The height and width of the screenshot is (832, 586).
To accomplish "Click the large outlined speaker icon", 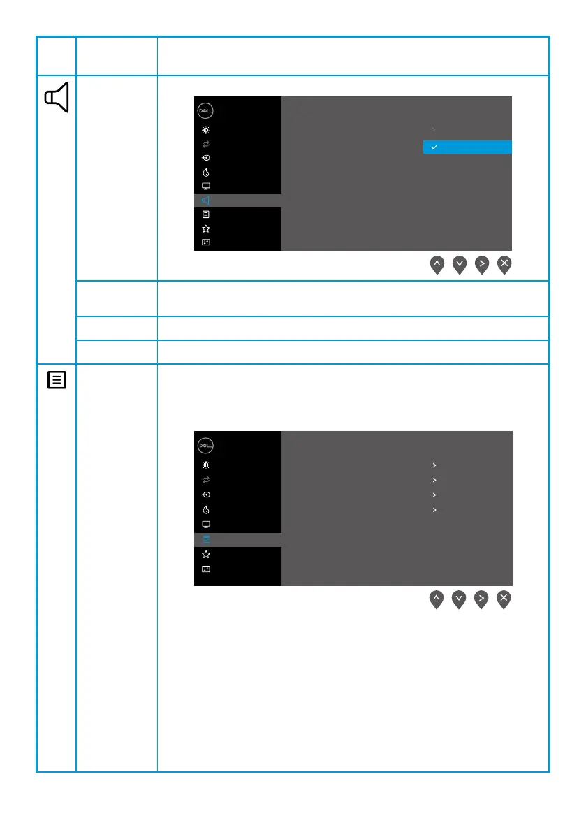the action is click(57, 98).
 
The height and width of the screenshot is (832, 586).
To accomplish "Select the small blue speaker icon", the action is click(206, 200).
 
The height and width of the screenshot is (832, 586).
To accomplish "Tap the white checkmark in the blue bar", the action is click(434, 147).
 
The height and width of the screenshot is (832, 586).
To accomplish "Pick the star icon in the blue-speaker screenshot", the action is click(206, 228).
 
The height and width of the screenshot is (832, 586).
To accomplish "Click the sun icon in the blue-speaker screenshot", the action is click(206, 130).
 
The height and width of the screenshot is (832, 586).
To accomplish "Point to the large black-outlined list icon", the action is click(57, 381).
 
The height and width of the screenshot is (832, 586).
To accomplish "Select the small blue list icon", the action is click(206, 539).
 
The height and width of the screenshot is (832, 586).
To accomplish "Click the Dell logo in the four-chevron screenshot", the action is click(206, 446).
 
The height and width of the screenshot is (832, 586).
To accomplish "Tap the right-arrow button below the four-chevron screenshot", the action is click(481, 600).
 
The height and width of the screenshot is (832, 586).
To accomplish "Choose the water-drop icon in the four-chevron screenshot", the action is click(206, 509).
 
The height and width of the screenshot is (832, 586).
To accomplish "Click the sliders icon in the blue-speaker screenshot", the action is click(206, 242).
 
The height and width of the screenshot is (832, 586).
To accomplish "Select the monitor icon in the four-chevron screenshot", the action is click(206, 524).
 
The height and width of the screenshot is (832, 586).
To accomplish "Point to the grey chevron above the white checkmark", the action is click(434, 130).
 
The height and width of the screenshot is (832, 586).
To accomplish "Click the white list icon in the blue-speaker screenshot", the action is click(206, 214).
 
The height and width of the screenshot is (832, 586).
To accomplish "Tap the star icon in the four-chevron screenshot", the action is click(206, 554).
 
